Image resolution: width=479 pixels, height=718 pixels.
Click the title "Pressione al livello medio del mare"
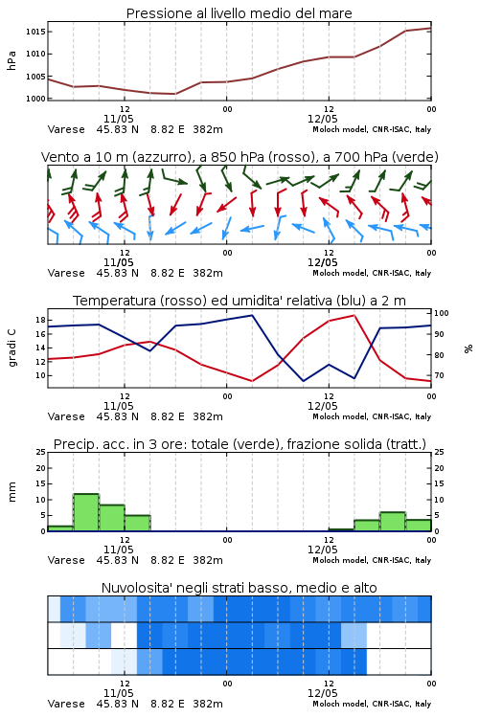[239, 13]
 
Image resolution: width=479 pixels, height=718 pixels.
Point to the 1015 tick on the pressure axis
[35, 32]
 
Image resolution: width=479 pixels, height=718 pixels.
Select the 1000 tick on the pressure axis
[35, 99]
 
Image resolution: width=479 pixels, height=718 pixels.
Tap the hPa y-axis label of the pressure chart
[11, 60]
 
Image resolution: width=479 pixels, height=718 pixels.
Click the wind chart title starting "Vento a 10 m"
[239, 157]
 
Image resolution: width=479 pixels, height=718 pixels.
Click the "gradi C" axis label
[11, 348]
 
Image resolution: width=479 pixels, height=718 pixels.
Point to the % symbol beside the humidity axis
[468, 348]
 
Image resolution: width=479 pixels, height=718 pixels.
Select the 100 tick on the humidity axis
[442, 313]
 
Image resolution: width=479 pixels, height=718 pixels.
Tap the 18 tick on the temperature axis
[40, 320]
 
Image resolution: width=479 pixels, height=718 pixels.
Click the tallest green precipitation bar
[86, 512]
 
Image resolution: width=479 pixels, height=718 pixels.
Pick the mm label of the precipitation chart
[11, 492]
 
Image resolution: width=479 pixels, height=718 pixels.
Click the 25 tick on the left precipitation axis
[41, 452]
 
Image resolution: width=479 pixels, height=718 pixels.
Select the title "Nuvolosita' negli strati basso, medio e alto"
[239, 588]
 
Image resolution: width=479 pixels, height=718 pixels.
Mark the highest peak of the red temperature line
[354, 316]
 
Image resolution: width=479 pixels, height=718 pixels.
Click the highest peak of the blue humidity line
[252, 316]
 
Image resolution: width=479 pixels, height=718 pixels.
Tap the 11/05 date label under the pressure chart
[118, 119]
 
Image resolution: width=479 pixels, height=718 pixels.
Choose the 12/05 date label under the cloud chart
[322, 693]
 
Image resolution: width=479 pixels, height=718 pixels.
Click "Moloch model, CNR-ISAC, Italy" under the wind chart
[372, 274]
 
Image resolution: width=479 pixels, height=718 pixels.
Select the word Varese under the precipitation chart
[66, 560]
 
